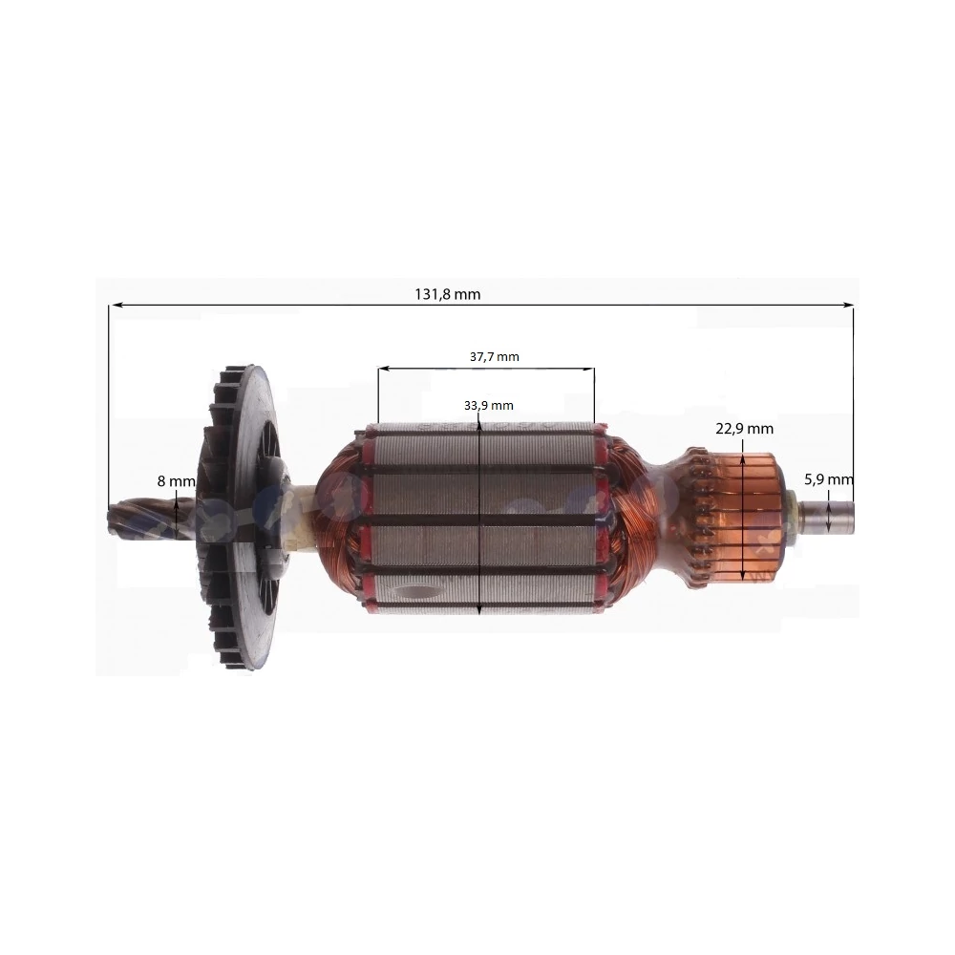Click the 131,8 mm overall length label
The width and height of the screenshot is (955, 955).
pos(448,295)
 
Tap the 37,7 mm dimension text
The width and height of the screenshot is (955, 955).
pos(494,357)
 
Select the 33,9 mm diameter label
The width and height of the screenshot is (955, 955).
pos(488,406)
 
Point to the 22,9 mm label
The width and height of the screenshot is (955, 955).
pos(744,429)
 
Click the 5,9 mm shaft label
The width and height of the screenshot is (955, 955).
pos(828,479)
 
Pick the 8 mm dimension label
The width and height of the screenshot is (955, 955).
pos(176,481)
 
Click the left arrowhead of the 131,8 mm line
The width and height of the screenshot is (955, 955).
pos(114,304)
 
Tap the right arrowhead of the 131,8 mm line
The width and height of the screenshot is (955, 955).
pos(848,304)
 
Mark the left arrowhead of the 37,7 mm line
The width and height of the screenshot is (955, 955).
pos(383,369)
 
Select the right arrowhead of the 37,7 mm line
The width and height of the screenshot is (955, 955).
pos(589,369)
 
